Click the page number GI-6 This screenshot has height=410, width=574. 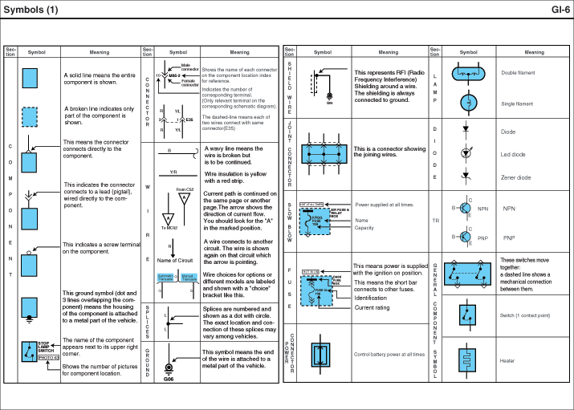tap(560, 10)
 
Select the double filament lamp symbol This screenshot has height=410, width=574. tap(466, 73)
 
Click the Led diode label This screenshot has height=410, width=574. tap(515, 154)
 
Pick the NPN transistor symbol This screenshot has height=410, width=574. tap(463, 208)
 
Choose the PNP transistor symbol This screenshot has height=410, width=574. tap(463, 237)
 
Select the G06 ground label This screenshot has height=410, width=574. tap(169, 379)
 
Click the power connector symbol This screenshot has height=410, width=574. tap(320, 354)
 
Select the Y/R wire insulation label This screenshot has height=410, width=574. tap(173, 172)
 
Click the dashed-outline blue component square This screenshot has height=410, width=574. tap(30, 117)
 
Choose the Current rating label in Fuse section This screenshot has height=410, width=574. tap(372, 307)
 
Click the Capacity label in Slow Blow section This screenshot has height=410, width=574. tap(364, 228)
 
